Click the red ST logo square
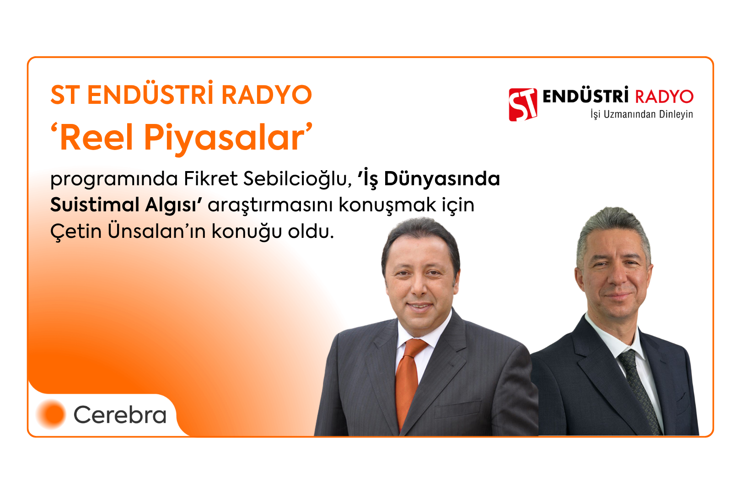pos(523,105)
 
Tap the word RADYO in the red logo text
pos(664,97)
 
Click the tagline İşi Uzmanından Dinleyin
pos(642,114)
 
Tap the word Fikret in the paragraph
pos(211,179)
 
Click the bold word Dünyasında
pos(441,179)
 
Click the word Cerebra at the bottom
pos(120,415)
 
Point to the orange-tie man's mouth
pos(419,307)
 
